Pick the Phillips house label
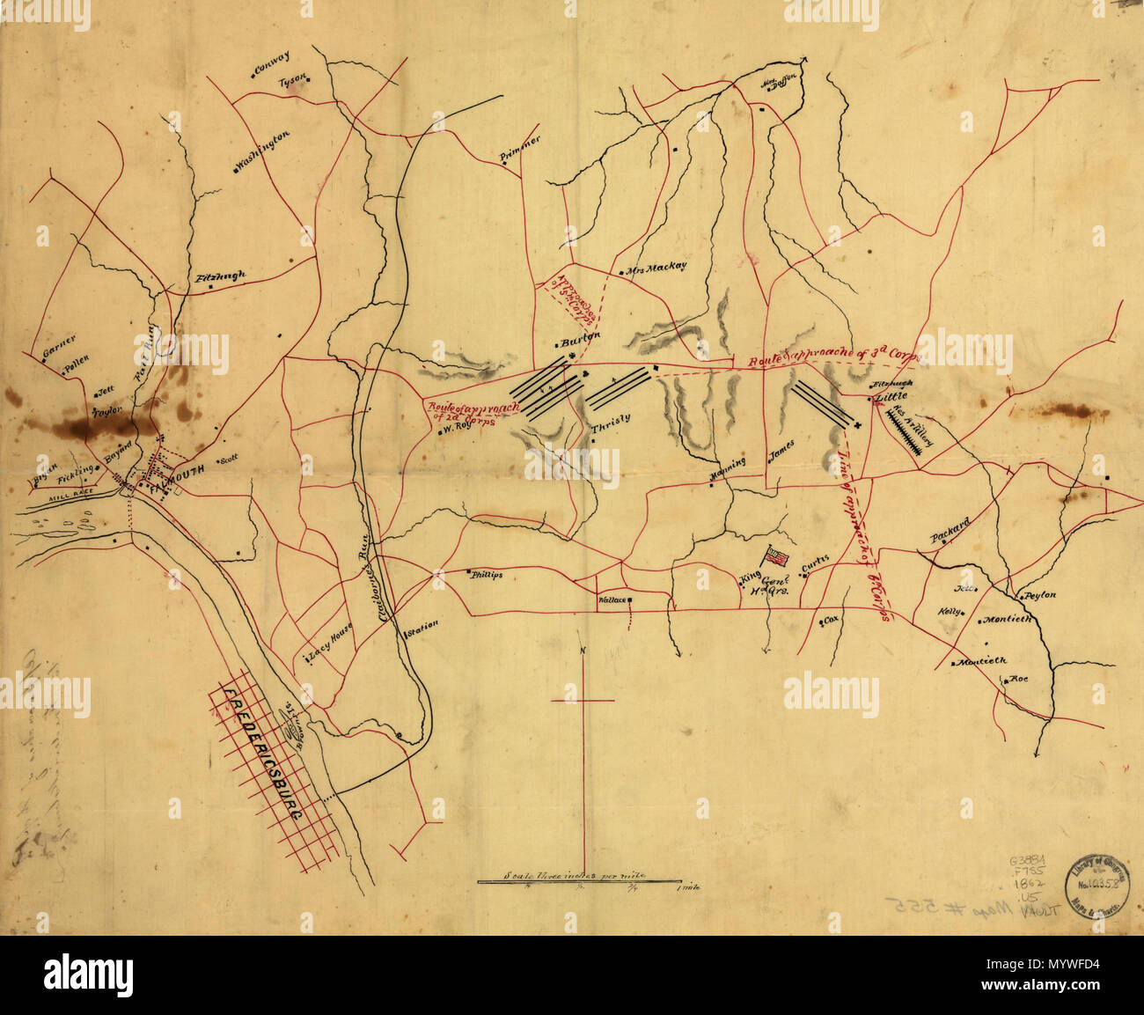[486, 574]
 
